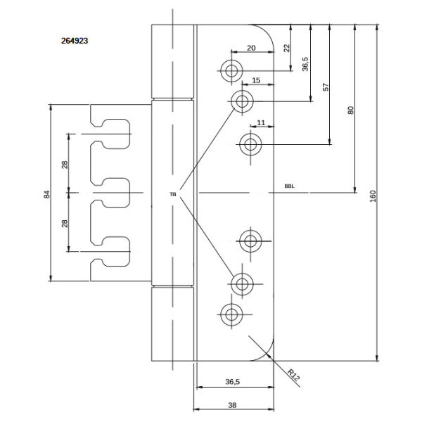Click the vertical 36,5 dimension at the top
pyautogui.click(x=305, y=64)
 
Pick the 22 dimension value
pyautogui.click(x=286, y=48)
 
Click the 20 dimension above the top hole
pyautogui.click(x=251, y=49)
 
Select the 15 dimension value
pyautogui.click(x=256, y=81)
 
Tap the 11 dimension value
pyautogui.click(x=262, y=123)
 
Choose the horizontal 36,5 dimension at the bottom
pyautogui.click(x=233, y=382)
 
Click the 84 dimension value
pyautogui.click(x=46, y=193)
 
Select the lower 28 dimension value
pyautogui.click(x=65, y=223)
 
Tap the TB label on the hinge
pyautogui.click(x=172, y=193)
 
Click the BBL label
pyautogui.click(x=289, y=186)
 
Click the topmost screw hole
pyautogui.click(x=231, y=70)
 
